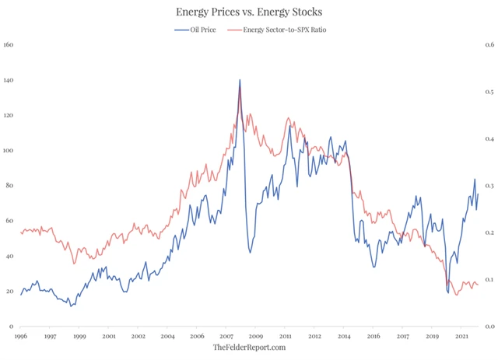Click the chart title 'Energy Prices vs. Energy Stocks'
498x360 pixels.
tap(249, 12)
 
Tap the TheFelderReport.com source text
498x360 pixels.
tap(249, 348)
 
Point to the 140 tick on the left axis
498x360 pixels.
tap(9, 80)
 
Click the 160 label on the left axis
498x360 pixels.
tap(9, 45)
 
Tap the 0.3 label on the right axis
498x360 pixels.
tap(486, 186)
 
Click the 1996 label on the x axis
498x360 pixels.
tap(21, 336)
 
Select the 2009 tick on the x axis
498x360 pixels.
tap(255, 336)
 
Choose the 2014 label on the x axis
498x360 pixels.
tap(343, 336)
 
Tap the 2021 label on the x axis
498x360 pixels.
tap(461, 336)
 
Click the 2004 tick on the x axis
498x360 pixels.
tap(167, 336)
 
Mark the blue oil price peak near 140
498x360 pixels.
tap(240, 79)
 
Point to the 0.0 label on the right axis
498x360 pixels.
tap(486, 326)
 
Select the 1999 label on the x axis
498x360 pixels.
tap(79, 336)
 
